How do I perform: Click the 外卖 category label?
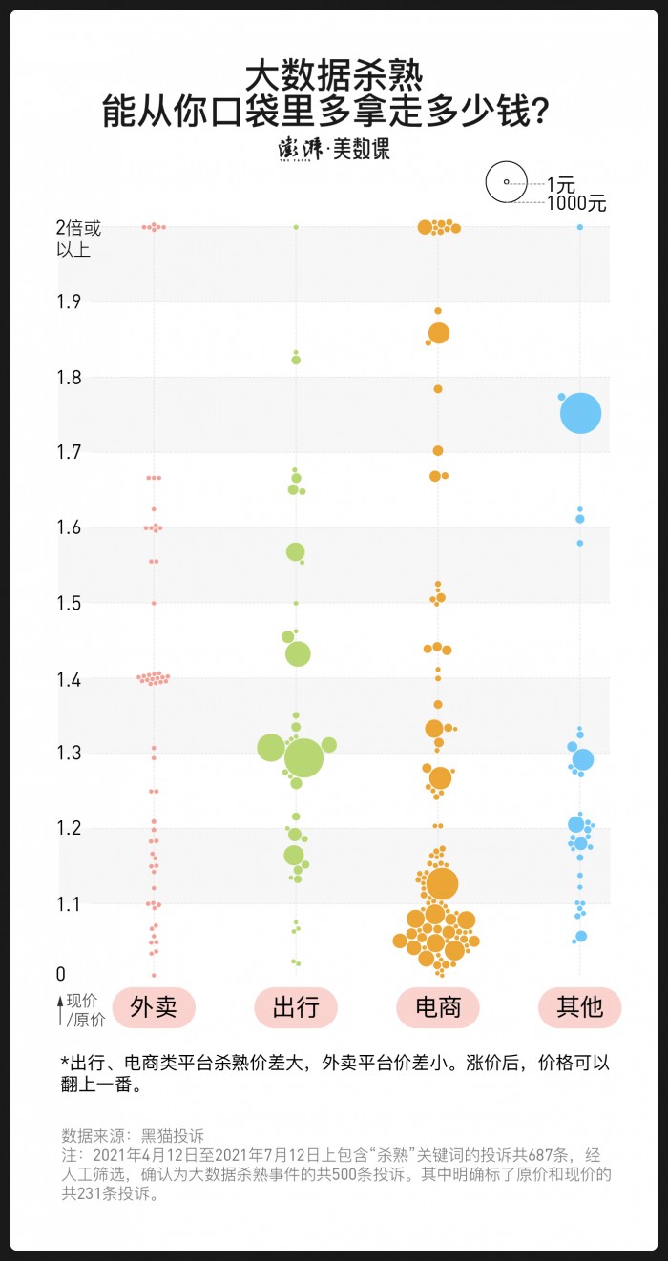154,1007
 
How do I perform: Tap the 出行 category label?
296,1007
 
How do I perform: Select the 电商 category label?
438,1007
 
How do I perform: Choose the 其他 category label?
579,1007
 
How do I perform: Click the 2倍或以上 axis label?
78,238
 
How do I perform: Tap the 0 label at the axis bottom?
61,975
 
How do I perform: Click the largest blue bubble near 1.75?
580,414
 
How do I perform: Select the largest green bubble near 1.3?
303,758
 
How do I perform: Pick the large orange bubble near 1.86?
439,333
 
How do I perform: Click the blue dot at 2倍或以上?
580,227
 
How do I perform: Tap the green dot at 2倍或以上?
296,227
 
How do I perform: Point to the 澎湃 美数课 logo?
334,149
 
